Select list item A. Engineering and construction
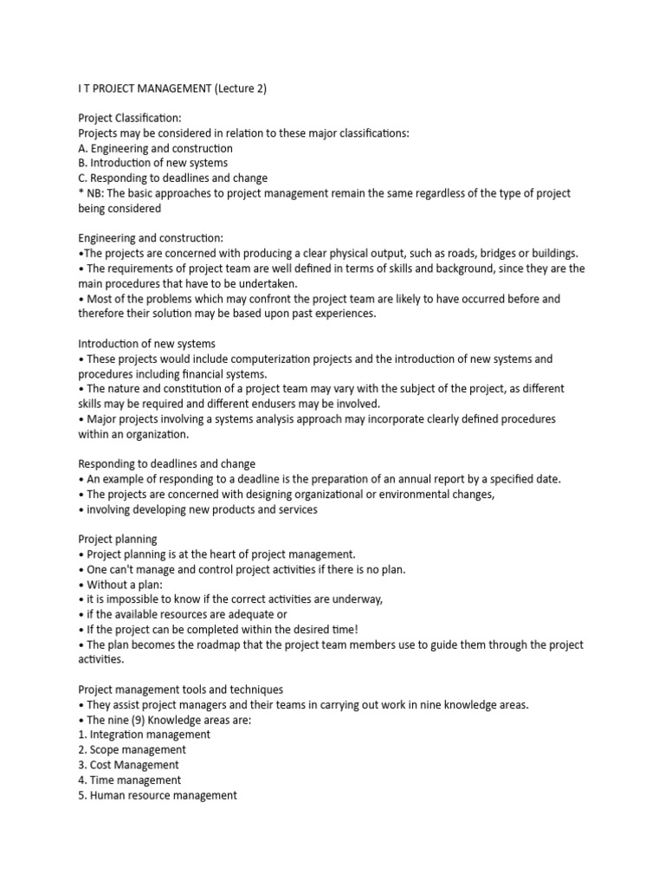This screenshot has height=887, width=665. (x=155, y=148)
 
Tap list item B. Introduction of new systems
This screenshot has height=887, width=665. (x=153, y=163)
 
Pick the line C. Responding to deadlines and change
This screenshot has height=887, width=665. (x=172, y=178)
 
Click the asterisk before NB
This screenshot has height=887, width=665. (x=81, y=193)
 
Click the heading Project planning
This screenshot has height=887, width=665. (x=118, y=539)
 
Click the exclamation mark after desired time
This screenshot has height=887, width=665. (x=356, y=629)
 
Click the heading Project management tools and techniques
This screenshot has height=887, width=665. (x=180, y=690)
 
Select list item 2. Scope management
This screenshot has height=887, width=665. (x=132, y=750)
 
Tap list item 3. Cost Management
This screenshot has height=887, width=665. (x=128, y=765)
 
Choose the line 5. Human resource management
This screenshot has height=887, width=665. (x=157, y=795)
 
